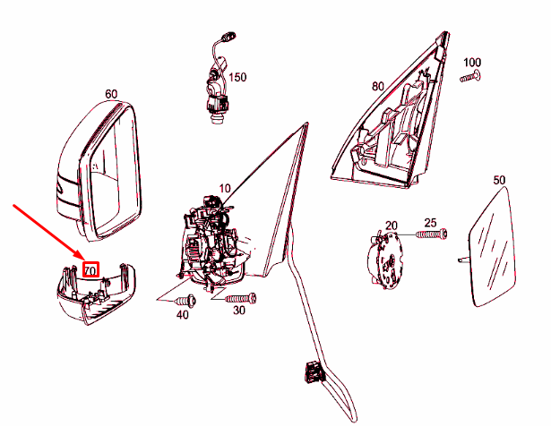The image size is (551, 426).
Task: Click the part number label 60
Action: (x=111, y=94)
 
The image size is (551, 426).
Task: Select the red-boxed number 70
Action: (x=90, y=270)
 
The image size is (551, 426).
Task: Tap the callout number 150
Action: (x=237, y=77)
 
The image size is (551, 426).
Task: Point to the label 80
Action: (x=378, y=86)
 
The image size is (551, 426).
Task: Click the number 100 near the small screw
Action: (x=472, y=63)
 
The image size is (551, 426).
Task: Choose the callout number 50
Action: (x=499, y=180)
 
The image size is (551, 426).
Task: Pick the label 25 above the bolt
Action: (x=430, y=223)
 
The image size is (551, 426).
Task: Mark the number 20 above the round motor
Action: (x=392, y=226)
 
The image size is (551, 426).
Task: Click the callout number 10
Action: (x=225, y=189)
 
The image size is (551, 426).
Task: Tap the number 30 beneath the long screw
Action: (x=239, y=311)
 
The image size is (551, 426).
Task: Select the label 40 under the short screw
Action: (x=182, y=315)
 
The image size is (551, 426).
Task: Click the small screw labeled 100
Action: (x=470, y=76)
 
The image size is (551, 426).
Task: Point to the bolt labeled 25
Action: (x=431, y=234)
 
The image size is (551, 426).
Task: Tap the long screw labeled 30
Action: (x=241, y=298)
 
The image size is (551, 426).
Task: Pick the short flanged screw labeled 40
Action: (x=185, y=301)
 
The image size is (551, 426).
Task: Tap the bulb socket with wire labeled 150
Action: (x=220, y=78)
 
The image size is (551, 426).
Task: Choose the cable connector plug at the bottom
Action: (x=314, y=372)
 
